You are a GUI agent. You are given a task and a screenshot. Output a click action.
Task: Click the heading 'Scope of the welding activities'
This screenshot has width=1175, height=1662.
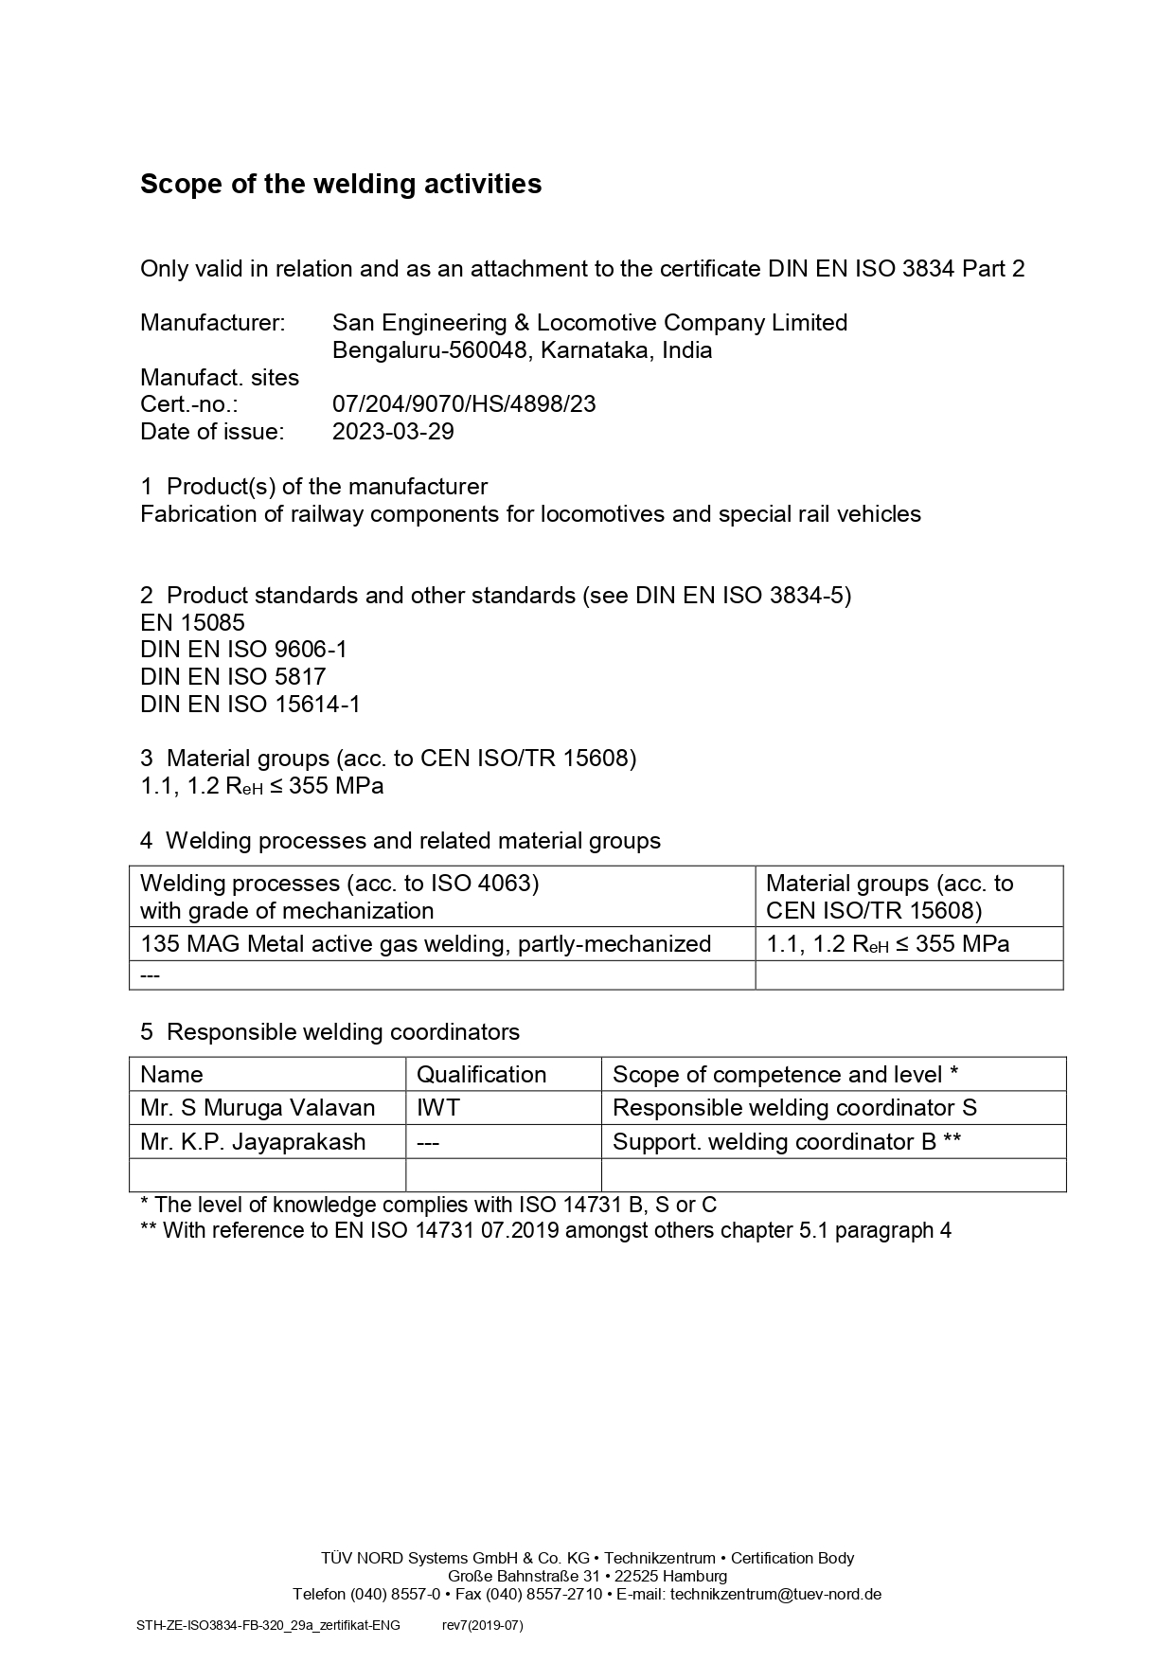pos(341,184)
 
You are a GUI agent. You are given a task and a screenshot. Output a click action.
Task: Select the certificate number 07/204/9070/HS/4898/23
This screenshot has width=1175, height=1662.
pos(464,404)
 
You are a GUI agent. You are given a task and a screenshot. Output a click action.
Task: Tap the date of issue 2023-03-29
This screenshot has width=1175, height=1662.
pos(393,432)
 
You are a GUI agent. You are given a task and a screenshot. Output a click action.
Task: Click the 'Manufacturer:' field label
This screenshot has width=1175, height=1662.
pos(212,323)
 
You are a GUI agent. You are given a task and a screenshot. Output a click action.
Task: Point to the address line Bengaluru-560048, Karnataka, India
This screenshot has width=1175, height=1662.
pos(522,350)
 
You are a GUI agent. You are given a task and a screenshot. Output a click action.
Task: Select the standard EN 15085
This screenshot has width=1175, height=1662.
pos(192,623)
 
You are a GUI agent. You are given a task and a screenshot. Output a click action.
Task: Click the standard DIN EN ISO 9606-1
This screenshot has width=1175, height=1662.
pos(243,650)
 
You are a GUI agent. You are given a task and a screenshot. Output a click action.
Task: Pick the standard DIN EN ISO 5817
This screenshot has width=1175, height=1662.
pos(233,677)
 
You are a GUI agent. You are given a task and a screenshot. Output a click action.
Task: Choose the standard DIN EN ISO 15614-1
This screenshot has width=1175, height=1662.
pos(250,705)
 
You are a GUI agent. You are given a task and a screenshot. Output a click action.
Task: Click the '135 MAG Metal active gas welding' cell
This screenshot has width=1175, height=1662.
pos(425,944)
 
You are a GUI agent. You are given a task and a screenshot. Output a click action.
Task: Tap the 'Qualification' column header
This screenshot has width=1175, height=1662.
pos(481,1075)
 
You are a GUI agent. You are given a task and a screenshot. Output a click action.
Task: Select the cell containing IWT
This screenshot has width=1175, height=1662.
pos(438,1108)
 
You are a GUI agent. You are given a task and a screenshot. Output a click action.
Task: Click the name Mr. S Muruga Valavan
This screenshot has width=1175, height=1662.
pos(258,1108)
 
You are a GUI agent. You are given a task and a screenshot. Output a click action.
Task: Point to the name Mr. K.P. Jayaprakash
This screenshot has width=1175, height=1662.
pos(253,1142)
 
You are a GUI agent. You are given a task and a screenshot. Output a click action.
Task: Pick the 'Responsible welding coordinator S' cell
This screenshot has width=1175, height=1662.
pos(794,1108)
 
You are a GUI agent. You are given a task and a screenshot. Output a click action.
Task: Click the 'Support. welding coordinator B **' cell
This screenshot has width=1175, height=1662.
pos(787,1142)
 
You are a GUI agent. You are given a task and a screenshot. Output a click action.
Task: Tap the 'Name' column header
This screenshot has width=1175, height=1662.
pos(171,1075)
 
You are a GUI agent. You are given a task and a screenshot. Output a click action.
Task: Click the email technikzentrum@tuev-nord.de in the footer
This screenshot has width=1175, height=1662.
pos(775,1594)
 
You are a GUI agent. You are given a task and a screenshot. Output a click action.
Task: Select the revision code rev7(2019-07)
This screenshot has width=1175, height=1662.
pos(482,1626)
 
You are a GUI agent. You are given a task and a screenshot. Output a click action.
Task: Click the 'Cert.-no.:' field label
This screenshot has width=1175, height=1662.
pos(188,404)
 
